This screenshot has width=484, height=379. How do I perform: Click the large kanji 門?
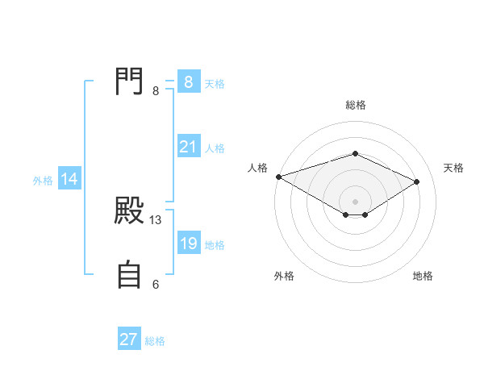(x=130, y=81)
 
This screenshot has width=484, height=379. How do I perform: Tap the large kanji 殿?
(x=130, y=212)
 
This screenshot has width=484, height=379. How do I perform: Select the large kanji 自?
(x=130, y=275)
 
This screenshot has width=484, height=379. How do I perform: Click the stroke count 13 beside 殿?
(x=156, y=219)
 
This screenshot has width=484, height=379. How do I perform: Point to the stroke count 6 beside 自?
(x=156, y=284)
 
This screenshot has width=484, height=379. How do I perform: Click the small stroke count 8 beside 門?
(x=156, y=90)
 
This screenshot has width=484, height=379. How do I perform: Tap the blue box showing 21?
(x=189, y=147)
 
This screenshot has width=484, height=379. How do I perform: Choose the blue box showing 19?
(x=189, y=244)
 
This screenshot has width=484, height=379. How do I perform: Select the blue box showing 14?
(x=69, y=180)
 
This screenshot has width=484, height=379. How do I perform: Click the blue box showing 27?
(x=129, y=339)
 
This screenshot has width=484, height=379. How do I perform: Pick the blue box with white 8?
(x=189, y=82)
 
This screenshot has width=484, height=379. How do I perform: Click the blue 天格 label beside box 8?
(x=215, y=83)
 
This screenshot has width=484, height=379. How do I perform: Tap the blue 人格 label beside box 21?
(x=215, y=148)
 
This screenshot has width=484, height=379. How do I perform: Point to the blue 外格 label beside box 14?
(x=43, y=181)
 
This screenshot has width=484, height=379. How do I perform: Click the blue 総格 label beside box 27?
(x=155, y=340)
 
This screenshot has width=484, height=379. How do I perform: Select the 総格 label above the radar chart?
(x=355, y=105)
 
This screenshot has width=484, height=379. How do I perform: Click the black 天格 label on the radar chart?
(x=453, y=168)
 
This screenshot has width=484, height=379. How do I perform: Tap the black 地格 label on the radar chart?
(x=423, y=276)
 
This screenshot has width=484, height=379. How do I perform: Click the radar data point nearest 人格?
(x=278, y=177)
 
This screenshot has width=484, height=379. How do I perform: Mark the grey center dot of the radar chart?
(x=355, y=201)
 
